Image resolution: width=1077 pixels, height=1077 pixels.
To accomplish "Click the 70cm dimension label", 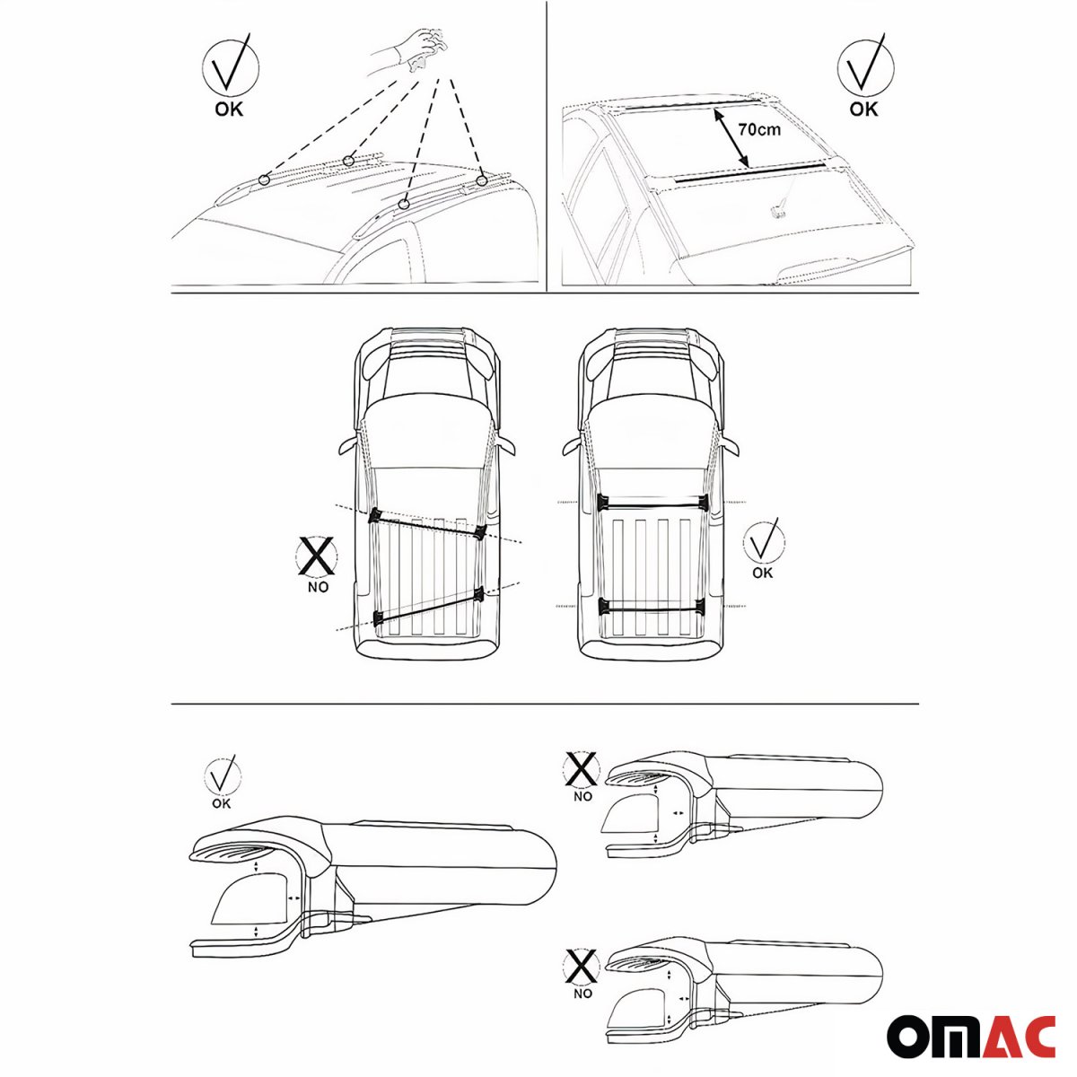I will (759, 129).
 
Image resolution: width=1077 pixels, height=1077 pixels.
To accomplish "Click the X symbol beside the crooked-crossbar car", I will (317, 556).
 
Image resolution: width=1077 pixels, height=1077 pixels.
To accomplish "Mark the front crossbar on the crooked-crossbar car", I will (427, 524).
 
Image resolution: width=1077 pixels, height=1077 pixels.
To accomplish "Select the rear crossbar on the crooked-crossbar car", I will (427, 603).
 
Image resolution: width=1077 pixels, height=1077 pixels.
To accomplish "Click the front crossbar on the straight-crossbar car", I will (652, 501).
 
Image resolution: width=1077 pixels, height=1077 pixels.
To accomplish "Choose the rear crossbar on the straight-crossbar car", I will (652, 608).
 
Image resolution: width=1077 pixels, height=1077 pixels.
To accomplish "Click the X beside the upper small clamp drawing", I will (582, 769).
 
